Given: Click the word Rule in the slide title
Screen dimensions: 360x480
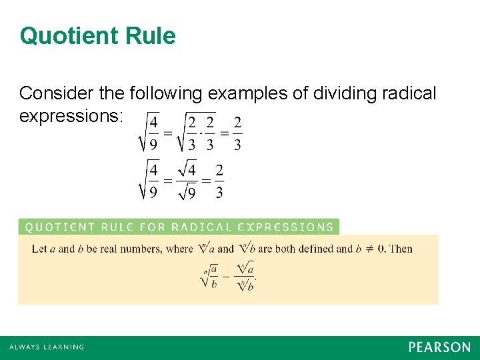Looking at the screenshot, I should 151,36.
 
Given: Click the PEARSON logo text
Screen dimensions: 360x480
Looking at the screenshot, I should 439,347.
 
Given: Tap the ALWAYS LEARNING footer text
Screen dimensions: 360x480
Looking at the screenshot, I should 47,347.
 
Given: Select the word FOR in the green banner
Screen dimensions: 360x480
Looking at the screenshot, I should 153,227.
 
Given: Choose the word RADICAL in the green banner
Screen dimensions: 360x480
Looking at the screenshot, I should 200,227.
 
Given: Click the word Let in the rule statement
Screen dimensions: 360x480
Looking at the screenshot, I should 39,249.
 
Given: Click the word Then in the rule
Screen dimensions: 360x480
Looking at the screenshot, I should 401,249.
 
